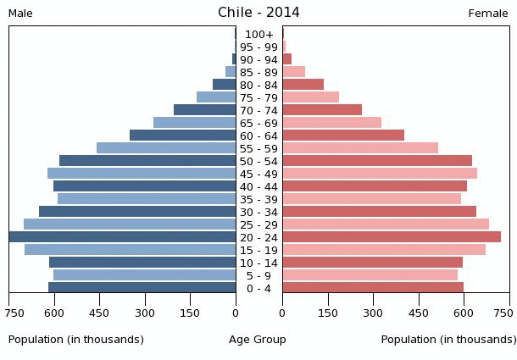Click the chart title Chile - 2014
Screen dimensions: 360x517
pos(258,13)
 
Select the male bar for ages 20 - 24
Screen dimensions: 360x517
pos(123,237)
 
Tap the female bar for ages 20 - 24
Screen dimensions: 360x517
pos(392,237)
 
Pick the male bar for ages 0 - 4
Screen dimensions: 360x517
pos(142,288)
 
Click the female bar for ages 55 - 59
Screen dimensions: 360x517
pos(360,148)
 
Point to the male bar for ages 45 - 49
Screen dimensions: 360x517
pos(142,174)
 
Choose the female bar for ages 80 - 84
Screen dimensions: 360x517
pos(303,85)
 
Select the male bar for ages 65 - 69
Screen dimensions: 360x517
pos(195,123)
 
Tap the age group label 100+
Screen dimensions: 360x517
pos(258,34)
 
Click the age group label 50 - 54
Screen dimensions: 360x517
pos(258,161)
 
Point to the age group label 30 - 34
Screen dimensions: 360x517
pos(258,212)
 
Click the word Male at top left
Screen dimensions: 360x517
pos(20,14)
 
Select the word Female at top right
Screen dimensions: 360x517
pos(488,14)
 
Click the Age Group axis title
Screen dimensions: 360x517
pos(258,340)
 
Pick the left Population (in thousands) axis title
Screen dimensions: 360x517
pos(76,340)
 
